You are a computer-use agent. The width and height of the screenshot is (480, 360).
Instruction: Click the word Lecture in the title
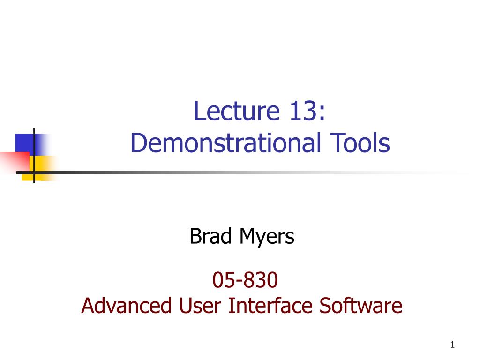coord(237,111)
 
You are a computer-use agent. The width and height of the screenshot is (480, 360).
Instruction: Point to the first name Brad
coord(210,236)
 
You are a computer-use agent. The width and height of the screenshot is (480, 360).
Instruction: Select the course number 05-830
coord(245,280)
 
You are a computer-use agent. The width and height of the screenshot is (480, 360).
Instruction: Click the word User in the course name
coord(200,306)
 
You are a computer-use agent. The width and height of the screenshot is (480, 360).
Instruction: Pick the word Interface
coord(270,306)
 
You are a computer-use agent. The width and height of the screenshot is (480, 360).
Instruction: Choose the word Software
coord(361,306)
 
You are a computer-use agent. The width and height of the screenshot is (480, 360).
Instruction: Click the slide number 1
coord(452,345)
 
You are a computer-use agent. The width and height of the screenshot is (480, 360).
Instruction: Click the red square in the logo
coord(15,162)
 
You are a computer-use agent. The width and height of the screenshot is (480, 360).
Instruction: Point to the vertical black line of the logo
coord(34,156)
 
